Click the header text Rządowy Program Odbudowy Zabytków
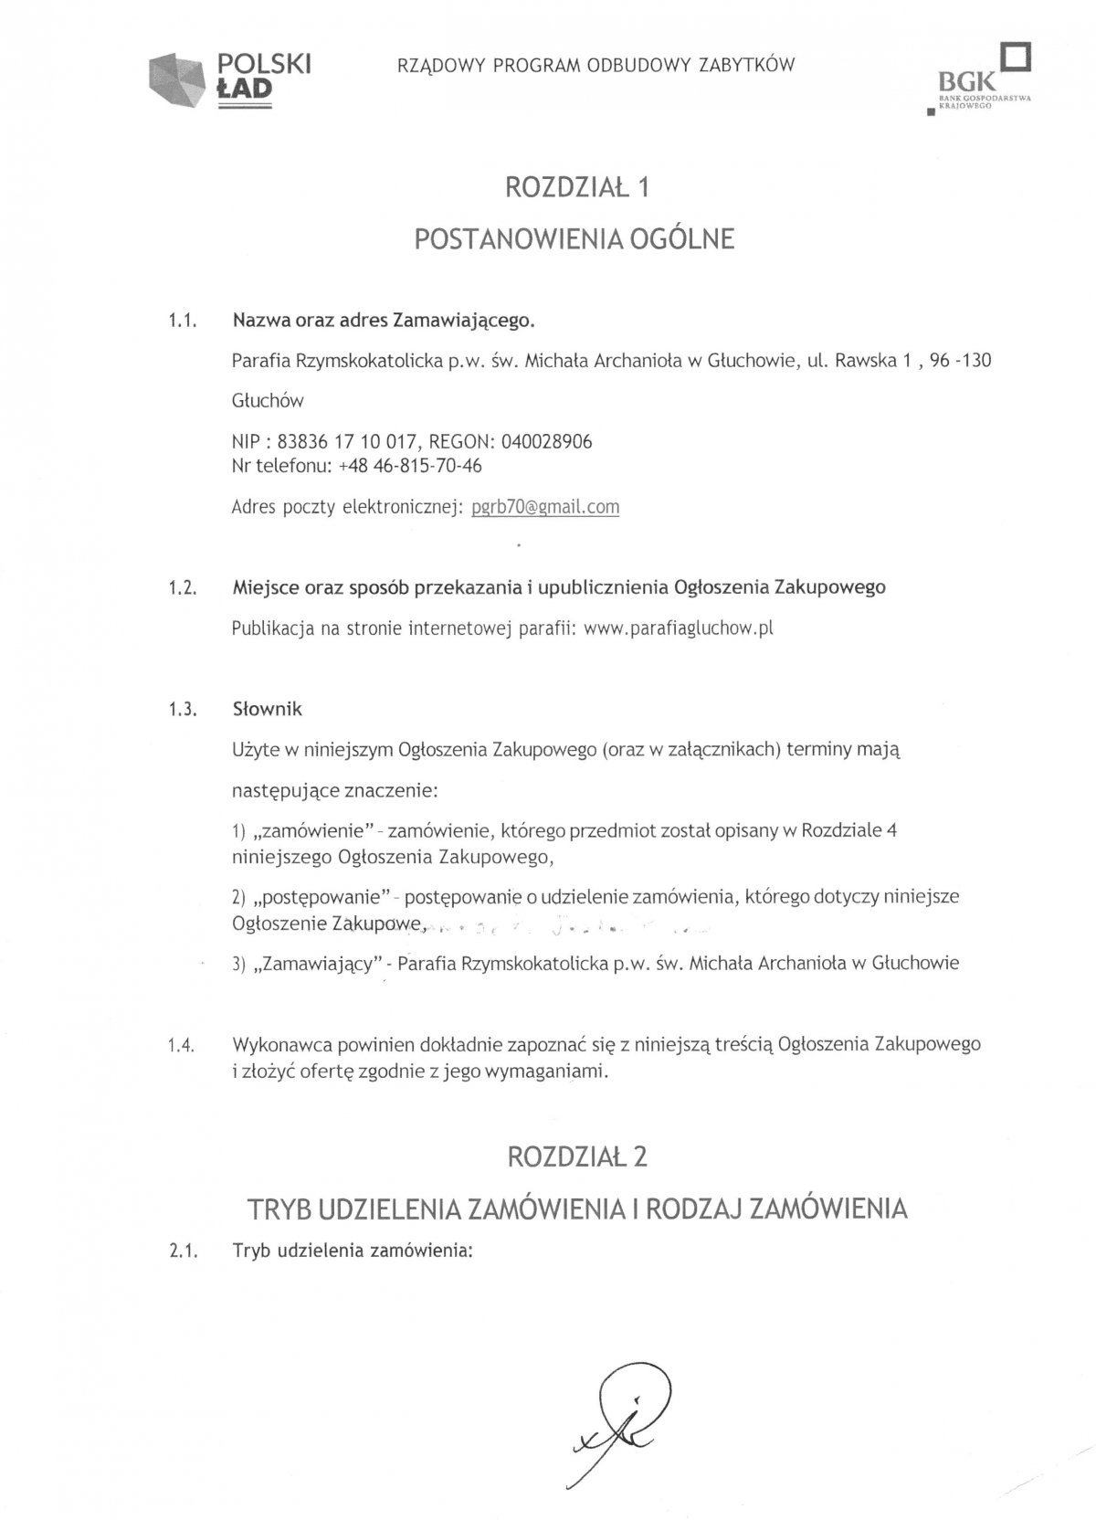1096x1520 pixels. tap(595, 65)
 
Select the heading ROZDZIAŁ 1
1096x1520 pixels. tap(577, 187)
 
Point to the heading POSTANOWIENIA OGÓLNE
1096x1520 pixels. tap(574, 238)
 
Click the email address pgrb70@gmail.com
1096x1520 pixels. tap(545, 507)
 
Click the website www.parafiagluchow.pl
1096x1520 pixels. tap(679, 628)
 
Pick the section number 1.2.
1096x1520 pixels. tap(183, 587)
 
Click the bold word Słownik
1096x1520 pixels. tap(267, 709)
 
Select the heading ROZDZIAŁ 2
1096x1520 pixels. tap(577, 1156)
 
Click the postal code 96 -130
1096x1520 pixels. tap(960, 360)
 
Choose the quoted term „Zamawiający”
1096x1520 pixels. tap(318, 963)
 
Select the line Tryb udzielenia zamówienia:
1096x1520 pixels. tap(353, 1251)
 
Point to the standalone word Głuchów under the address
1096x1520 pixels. tap(268, 400)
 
